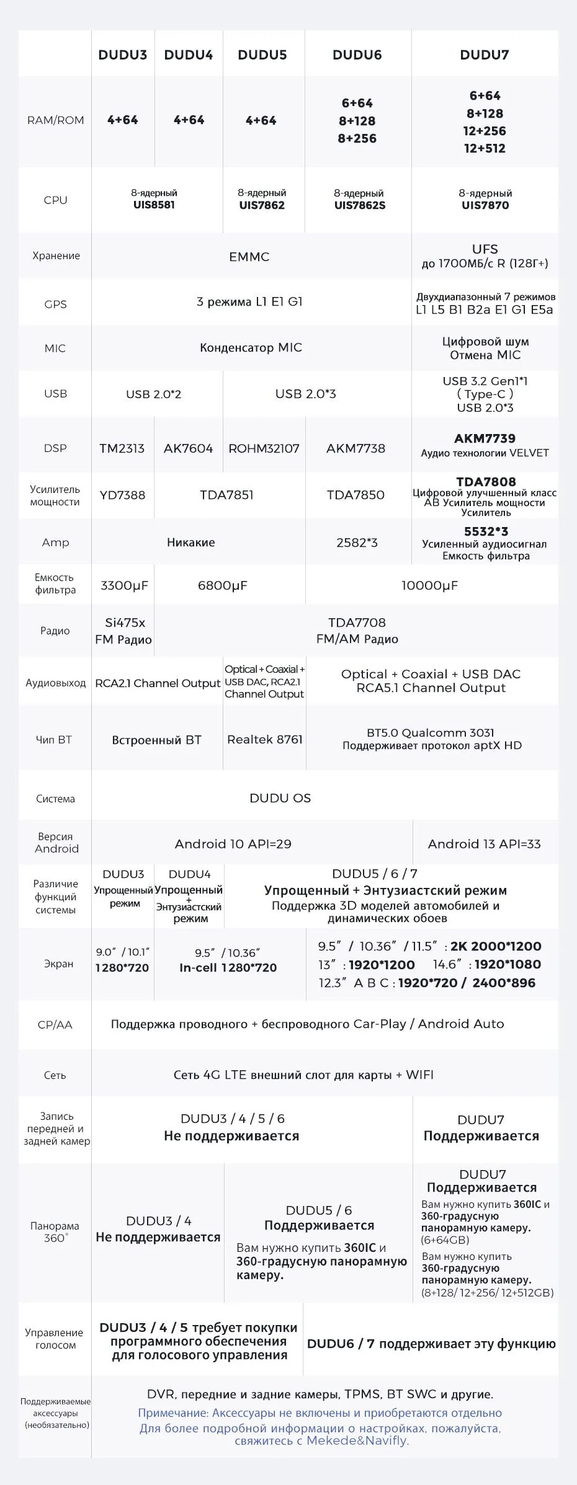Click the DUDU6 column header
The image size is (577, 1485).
coord(357,55)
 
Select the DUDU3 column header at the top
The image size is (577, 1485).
coord(122,55)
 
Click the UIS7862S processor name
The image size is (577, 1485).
coord(359,205)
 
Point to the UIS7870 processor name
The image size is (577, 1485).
coord(485,205)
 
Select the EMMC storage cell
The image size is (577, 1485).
coord(249,257)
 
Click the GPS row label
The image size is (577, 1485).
coord(55,304)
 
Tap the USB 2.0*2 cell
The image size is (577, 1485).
coord(154,394)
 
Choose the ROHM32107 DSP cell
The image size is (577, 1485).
coord(264,448)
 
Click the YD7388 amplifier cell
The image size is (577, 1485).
coord(122,495)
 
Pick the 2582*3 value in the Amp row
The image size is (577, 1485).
coord(357,543)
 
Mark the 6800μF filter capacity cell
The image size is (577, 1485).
coord(223,585)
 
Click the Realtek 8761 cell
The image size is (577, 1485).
coord(265,740)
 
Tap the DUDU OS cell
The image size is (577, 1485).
coord(280,798)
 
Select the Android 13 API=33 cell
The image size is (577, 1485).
coord(484,844)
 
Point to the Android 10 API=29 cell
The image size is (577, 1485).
coord(233,844)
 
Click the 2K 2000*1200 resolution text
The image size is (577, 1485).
coord(496,946)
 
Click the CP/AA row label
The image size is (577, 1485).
coord(55,1025)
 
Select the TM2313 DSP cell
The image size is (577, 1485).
coord(122,448)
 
